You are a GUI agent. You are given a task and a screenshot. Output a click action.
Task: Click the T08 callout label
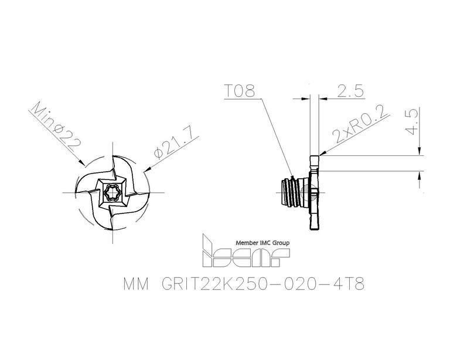coord(239,91)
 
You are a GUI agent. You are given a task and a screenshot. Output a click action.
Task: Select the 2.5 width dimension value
coord(350,91)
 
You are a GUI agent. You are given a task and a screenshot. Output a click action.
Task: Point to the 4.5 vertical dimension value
coord(412,123)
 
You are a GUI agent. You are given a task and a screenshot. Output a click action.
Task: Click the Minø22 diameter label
coord(55,127)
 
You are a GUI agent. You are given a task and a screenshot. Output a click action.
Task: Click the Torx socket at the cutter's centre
coord(112,193)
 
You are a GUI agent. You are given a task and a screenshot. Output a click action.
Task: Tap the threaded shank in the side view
coord(291,192)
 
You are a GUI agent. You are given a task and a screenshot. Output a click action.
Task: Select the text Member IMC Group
coord(262,243)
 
